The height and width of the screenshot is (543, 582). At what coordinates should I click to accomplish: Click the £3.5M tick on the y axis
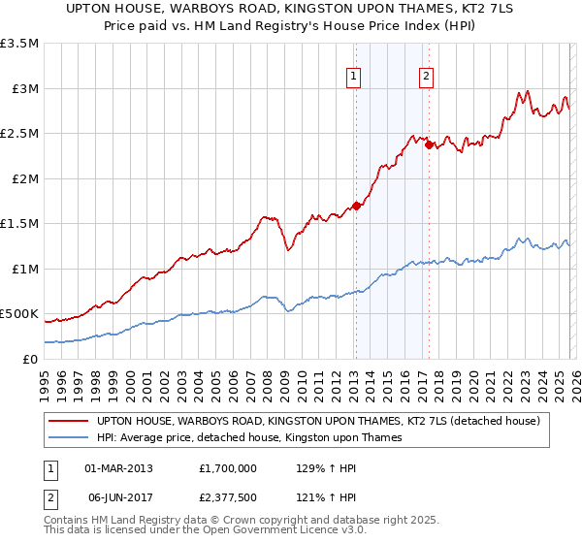click(x=19, y=44)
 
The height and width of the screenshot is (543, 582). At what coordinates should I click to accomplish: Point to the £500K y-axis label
click(x=19, y=314)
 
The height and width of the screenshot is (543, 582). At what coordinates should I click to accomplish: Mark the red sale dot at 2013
click(x=356, y=206)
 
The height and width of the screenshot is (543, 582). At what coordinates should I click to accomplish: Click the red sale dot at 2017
click(x=429, y=144)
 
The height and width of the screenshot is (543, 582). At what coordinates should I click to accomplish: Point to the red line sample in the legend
click(x=69, y=422)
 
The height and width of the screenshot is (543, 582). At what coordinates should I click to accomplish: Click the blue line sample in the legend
click(x=69, y=438)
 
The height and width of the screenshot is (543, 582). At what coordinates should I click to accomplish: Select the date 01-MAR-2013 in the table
click(x=119, y=467)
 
